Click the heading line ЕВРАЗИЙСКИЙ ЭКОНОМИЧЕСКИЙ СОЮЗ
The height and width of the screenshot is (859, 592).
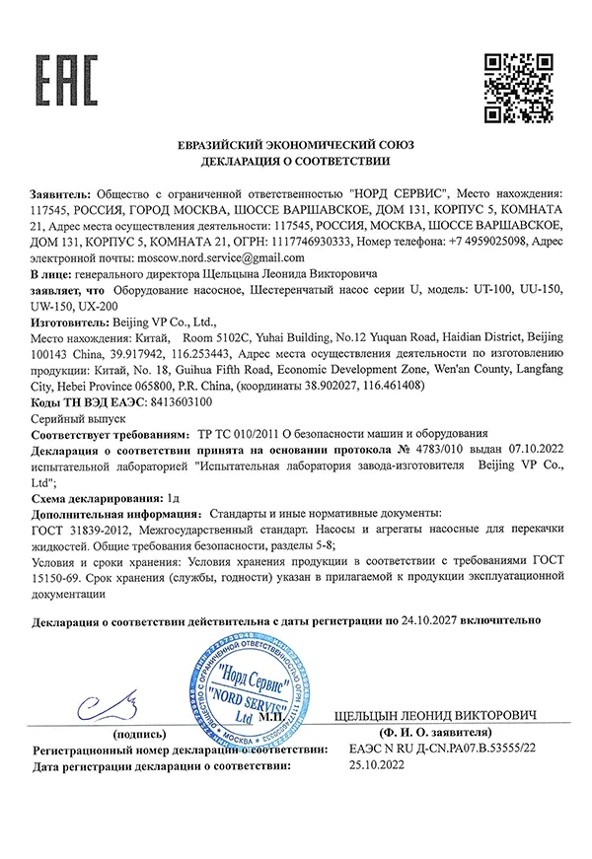(296, 145)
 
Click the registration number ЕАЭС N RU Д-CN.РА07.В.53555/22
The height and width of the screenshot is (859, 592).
(441, 751)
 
